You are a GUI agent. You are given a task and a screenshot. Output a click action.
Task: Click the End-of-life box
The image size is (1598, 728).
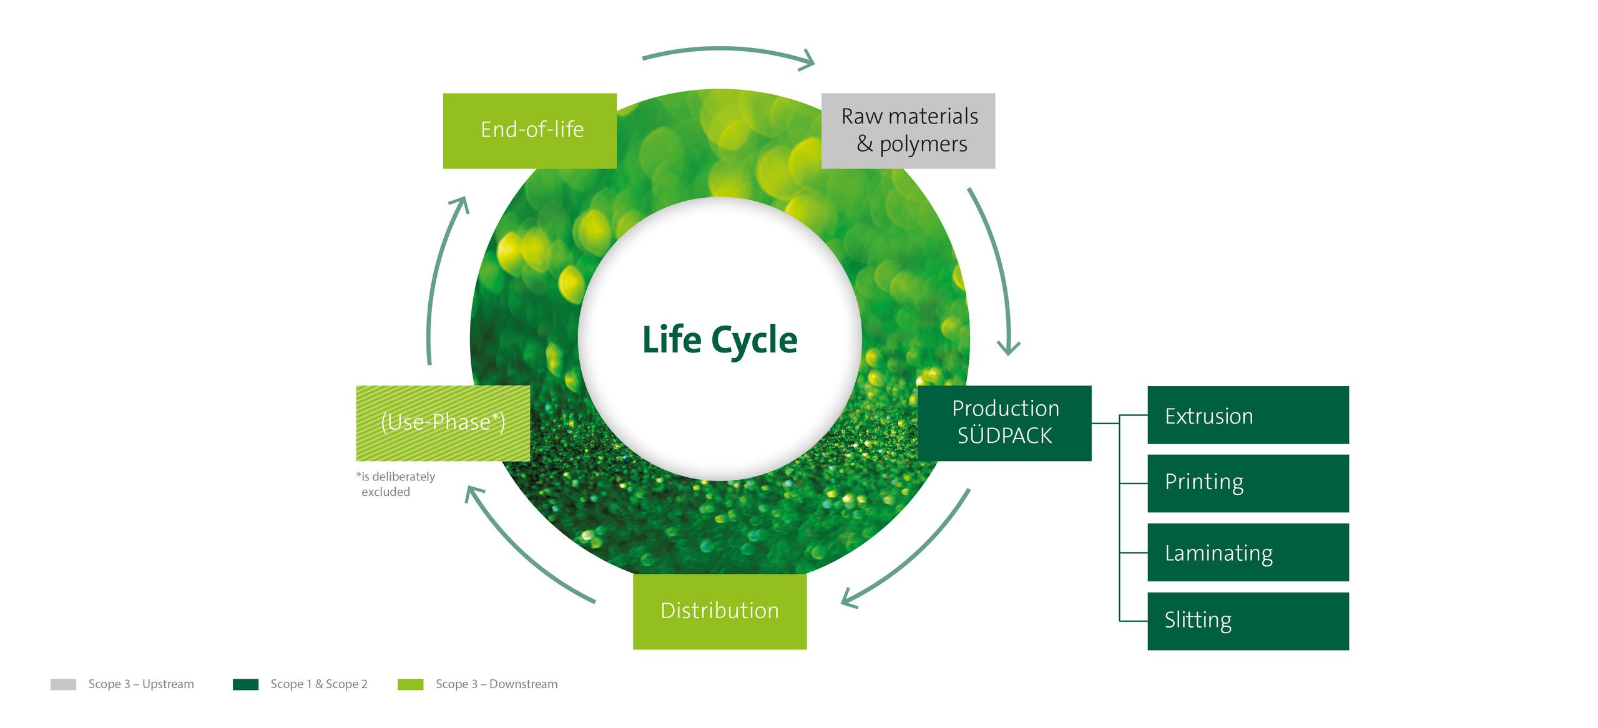(x=529, y=131)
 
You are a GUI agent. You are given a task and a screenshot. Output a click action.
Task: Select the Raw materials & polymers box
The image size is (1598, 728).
(x=908, y=131)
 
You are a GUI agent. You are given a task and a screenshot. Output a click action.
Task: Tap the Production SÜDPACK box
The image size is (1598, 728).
(x=1004, y=423)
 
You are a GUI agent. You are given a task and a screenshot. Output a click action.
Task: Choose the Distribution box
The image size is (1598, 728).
(x=720, y=611)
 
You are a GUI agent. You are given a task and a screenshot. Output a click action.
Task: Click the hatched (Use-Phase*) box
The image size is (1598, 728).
(x=443, y=423)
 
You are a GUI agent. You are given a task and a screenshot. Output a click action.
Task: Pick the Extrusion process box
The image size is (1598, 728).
(x=1248, y=415)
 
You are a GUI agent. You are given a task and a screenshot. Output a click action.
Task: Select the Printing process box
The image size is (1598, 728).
(x=1248, y=483)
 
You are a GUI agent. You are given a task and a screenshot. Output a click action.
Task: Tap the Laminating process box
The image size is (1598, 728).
(x=1248, y=552)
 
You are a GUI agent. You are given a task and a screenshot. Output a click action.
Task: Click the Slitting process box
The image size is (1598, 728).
(x=1248, y=621)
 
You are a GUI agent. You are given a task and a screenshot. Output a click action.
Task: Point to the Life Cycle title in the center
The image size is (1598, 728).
(x=720, y=341)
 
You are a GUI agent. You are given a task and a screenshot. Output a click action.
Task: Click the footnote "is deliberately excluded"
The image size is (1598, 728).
(x=396, y=484)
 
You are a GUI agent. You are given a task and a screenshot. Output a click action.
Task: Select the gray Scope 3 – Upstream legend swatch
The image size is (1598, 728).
(x=63, y=684)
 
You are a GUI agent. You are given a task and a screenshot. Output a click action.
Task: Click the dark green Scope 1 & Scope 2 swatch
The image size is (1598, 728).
(x=245, y=684)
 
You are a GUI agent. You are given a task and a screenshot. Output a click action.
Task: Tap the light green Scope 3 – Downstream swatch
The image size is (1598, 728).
(x=410, y=684)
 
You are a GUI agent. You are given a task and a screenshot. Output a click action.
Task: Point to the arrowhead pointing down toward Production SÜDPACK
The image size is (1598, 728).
(x=1008, y=348)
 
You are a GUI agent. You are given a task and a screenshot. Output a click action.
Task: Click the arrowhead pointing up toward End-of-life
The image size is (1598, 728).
(x=461, y=205)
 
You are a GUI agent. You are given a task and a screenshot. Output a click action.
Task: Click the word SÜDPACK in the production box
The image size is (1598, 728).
(x=1005, y=436)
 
